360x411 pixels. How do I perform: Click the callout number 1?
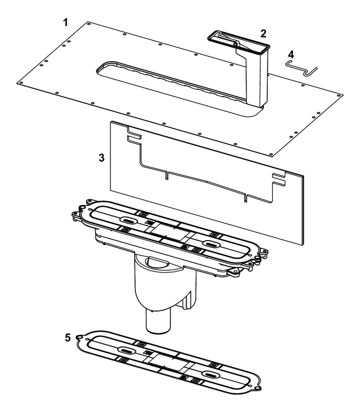click(x=66, y=22)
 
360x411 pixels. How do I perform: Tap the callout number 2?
click(x=263, y=33)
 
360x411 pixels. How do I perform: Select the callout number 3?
click(x=101, y=158)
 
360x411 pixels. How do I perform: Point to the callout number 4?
click(x=291, y=55)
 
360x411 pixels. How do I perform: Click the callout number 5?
click(x=68, y=338)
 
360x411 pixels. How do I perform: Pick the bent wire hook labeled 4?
click(x=301, y=68)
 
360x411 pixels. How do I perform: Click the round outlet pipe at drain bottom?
click(x=159, y=321)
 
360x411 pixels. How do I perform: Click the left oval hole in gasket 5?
click(x=127, y=350)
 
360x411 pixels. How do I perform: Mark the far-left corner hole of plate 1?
click(x=20, y=83)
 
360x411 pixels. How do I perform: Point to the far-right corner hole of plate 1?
click(x=339, y=96)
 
